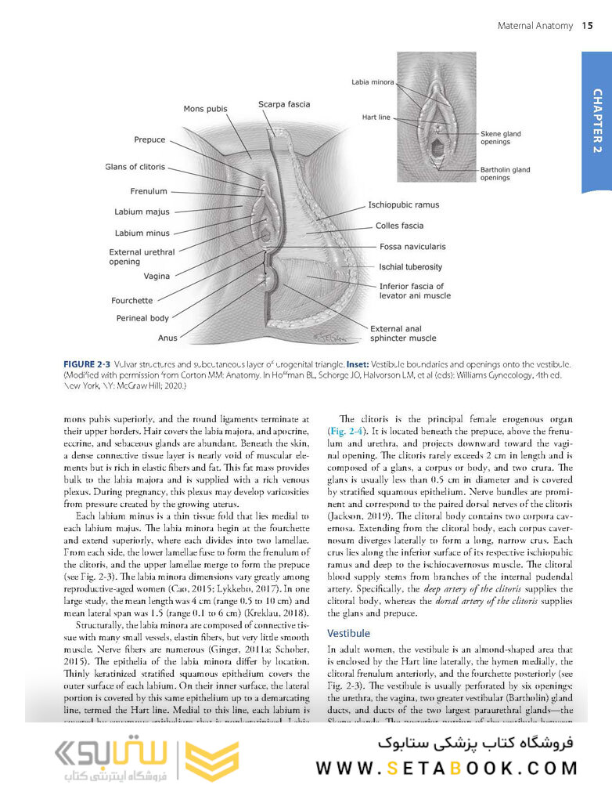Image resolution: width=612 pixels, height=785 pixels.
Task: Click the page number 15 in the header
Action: point(587,27)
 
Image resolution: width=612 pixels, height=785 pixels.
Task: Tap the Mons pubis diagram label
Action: point(205,109)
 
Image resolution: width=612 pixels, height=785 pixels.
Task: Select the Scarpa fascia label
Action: point(284,104)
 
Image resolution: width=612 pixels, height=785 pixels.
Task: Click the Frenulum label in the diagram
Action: point(148,191)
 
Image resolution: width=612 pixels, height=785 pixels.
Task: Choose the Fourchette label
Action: point(133,300)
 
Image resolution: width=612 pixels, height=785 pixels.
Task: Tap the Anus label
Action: point(167,338)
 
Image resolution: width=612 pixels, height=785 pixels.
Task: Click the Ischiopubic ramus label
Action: point(404,205)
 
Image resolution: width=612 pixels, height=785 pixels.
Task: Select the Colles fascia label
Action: point(399,226)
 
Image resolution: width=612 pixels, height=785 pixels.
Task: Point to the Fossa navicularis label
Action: point(414,247)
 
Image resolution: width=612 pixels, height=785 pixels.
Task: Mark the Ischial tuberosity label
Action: point(411,267)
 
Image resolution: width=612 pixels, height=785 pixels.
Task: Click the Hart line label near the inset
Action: point(376,118)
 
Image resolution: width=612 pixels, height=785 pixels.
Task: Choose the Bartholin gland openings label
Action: point(505,174)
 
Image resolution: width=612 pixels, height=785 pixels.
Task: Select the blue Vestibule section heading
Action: point(348,632)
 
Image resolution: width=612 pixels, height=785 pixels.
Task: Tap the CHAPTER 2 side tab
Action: point(596,121)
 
